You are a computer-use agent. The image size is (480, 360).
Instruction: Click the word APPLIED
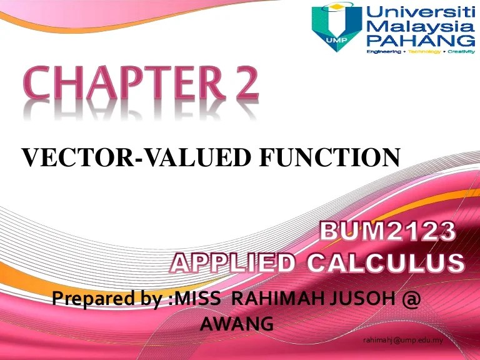(x=234, y=263)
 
